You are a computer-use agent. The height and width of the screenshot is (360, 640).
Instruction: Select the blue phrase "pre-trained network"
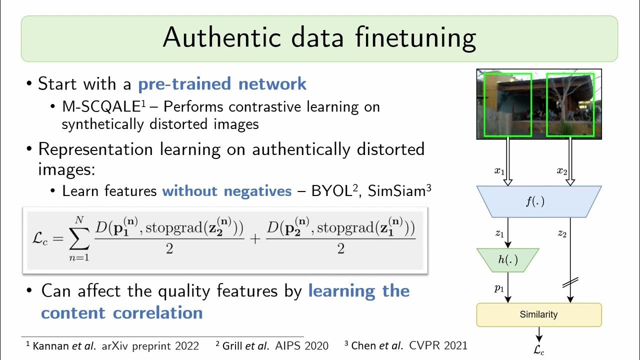222,83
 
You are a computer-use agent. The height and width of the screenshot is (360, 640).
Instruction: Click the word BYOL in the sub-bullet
332,191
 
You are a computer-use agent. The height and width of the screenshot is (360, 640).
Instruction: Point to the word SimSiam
396,191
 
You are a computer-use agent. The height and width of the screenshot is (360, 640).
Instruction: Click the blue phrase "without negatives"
226,191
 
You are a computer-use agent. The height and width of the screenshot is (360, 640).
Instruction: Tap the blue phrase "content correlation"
121,313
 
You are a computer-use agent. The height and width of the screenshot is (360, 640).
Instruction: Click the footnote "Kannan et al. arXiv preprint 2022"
112,345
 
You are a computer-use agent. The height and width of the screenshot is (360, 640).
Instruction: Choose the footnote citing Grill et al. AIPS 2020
272,345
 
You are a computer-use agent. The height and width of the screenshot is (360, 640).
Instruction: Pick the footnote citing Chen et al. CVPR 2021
405,345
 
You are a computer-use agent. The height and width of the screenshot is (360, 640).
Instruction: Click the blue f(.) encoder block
538,202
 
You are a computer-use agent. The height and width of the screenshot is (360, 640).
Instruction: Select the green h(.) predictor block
507,260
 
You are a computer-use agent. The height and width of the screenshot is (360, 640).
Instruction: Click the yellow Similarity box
538,314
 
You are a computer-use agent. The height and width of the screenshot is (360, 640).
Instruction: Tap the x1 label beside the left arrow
498,171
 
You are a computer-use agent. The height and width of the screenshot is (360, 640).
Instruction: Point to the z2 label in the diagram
561,234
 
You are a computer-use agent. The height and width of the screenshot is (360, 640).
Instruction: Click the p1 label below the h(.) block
499,288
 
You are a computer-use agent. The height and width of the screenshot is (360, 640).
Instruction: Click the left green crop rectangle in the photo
507,105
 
